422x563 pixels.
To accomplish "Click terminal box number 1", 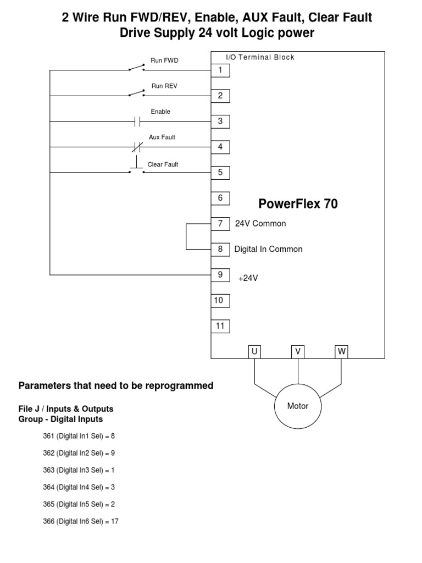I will tap(220, 70).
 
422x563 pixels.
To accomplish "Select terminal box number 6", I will tap(220, 198).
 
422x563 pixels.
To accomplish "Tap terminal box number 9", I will tap(220, 274).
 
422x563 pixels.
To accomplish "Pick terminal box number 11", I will tap(220, 326).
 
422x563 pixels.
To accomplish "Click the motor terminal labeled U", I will tap(254, 351).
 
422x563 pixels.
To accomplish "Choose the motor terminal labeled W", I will tap(342, 351).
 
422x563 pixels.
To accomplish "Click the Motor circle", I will tap(298, 407).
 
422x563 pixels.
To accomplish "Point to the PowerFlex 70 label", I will tap(298, 204).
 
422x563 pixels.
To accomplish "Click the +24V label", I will tap(248, 278).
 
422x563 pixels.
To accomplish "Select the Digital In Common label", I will tap(268, 249).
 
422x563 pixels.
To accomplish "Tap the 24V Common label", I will tap(260, 224).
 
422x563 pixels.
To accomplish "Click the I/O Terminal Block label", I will tap(260, 57).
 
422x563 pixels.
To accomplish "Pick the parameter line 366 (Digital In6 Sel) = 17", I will tap(81, 521).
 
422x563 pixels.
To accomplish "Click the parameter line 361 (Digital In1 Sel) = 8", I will tap(79, 436).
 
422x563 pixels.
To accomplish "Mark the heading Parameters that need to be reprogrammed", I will tap(116, 385).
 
